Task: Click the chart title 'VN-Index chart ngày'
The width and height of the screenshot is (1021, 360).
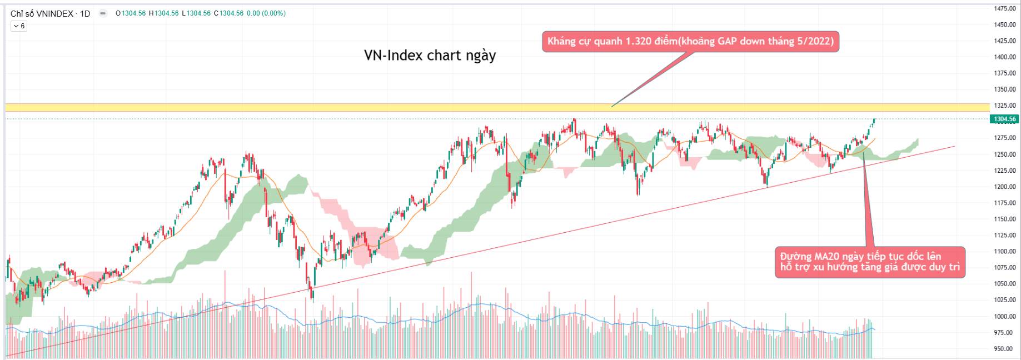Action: click(x=430, y=56)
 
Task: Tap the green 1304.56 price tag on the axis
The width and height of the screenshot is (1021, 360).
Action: click(x=1004, y=119)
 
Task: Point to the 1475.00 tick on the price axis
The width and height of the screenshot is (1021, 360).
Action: click(x=1005, y=8)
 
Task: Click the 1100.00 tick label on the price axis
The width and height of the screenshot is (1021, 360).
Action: click(x=1005, y=252)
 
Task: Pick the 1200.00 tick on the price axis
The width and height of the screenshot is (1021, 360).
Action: click(x=1005, y=187)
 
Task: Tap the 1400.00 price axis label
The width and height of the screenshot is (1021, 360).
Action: click(x=1005, y=57)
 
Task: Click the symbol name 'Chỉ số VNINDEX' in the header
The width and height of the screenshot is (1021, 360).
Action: click(x=42, y=13)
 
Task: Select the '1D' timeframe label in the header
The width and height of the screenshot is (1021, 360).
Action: click(x=85, y=13)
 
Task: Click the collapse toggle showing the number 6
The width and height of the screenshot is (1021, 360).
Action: click(x=18, y=26)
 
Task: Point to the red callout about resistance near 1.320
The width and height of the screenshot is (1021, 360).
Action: click(x=690, y=42)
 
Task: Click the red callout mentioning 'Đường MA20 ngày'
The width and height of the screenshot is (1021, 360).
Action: click(x=870, y=262)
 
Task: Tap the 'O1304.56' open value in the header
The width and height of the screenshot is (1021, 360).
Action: click(x=131, y=13)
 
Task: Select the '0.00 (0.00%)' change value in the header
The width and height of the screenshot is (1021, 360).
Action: click(x=266, y=13)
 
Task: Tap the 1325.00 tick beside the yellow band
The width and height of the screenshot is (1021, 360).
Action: click(x=1005, y=106)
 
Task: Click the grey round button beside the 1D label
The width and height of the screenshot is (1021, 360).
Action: click(x=103, y=13)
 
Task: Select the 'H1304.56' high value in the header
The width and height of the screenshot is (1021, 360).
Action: click(x=163, y=13)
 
